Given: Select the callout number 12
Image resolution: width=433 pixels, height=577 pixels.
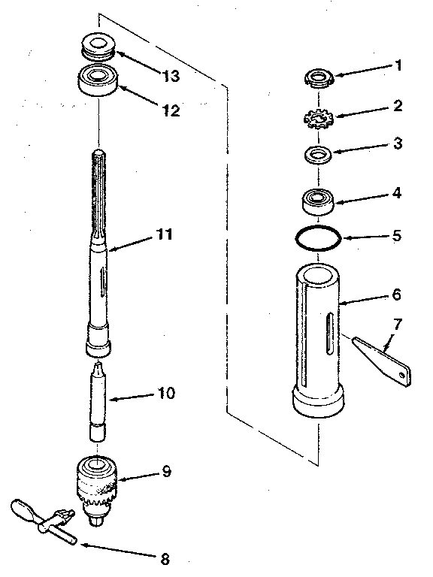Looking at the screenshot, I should point(171,110).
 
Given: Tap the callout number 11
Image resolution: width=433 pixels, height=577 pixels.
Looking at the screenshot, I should point(164,234).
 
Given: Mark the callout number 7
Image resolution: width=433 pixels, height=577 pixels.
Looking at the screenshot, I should point(398,325).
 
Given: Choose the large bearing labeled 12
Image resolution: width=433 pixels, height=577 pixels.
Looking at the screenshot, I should point(98,80).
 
